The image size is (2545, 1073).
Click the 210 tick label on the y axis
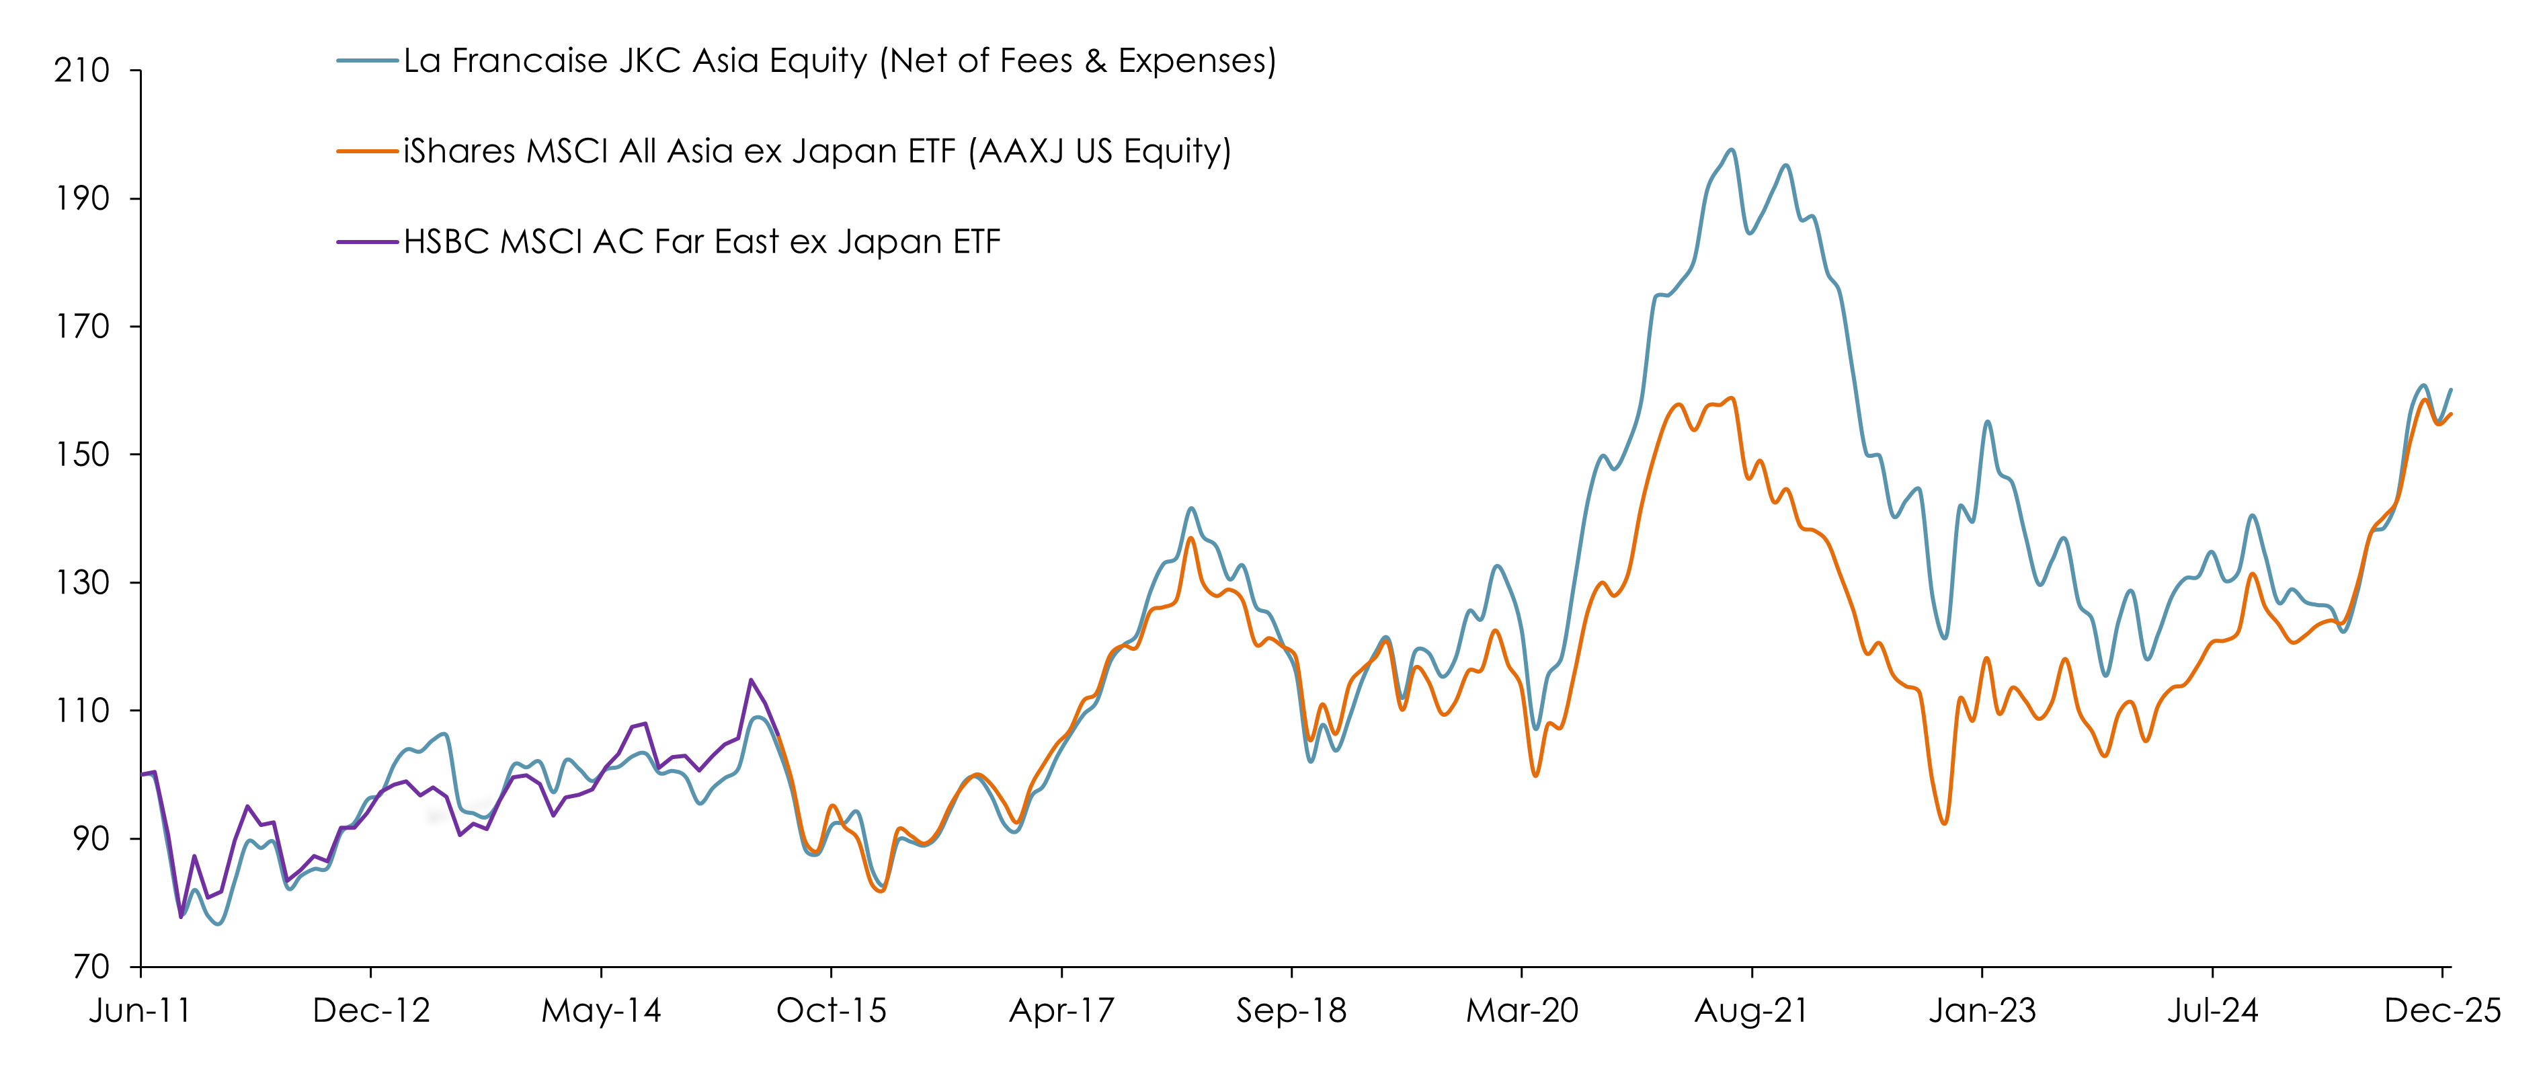point(82,71)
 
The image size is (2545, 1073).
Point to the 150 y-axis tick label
point(82,454)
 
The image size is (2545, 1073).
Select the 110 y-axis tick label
point(82,711)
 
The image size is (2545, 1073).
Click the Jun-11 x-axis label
point(140,1010)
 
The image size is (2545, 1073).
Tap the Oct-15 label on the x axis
point(831,1010)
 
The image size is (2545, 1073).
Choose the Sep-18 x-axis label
point(1291,1010)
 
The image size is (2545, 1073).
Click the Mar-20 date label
point(1521,1010)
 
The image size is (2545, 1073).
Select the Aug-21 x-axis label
point(1752,1010)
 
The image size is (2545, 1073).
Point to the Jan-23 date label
point(1982,1010)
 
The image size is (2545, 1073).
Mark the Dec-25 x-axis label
point(2442,1010)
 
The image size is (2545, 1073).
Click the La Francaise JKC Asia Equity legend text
point(840,61)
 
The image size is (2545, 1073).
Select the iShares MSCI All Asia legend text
point(817,151)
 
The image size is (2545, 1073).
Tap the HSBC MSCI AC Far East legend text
point(702,242)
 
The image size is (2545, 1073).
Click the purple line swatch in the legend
point(368,242)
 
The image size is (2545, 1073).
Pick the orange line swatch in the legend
point(368,151)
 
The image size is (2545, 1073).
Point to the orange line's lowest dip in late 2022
point(1944,823)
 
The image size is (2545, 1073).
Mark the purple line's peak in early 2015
point(751,680)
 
